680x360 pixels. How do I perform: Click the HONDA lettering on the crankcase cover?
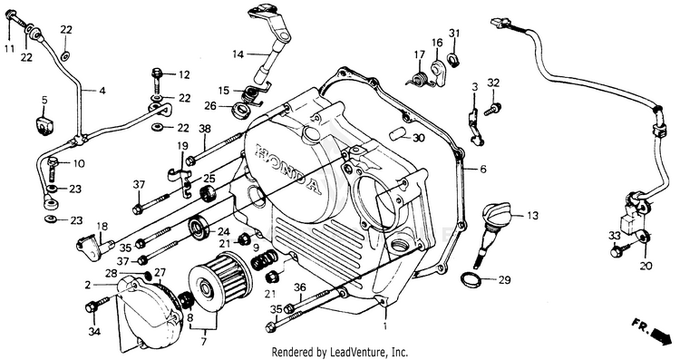click(x=288, y=168)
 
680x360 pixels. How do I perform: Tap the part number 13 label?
click(x=532, y=216)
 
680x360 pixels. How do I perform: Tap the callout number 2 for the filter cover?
click(x=88, y=285)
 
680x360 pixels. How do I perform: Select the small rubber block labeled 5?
click(x=44, y=125)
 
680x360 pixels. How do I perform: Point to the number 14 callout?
click(x=238, y=54)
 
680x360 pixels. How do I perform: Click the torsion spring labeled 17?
click(x=420, y=79)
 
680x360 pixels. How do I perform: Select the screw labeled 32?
click(x=492, y=109)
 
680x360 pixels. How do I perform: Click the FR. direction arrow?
click(x=654, y=331)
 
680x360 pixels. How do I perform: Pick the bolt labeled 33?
click(x=617, y=250)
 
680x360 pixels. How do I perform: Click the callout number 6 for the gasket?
click(x=483, y=169)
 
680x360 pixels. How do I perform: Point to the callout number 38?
click(x=205, y=129)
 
